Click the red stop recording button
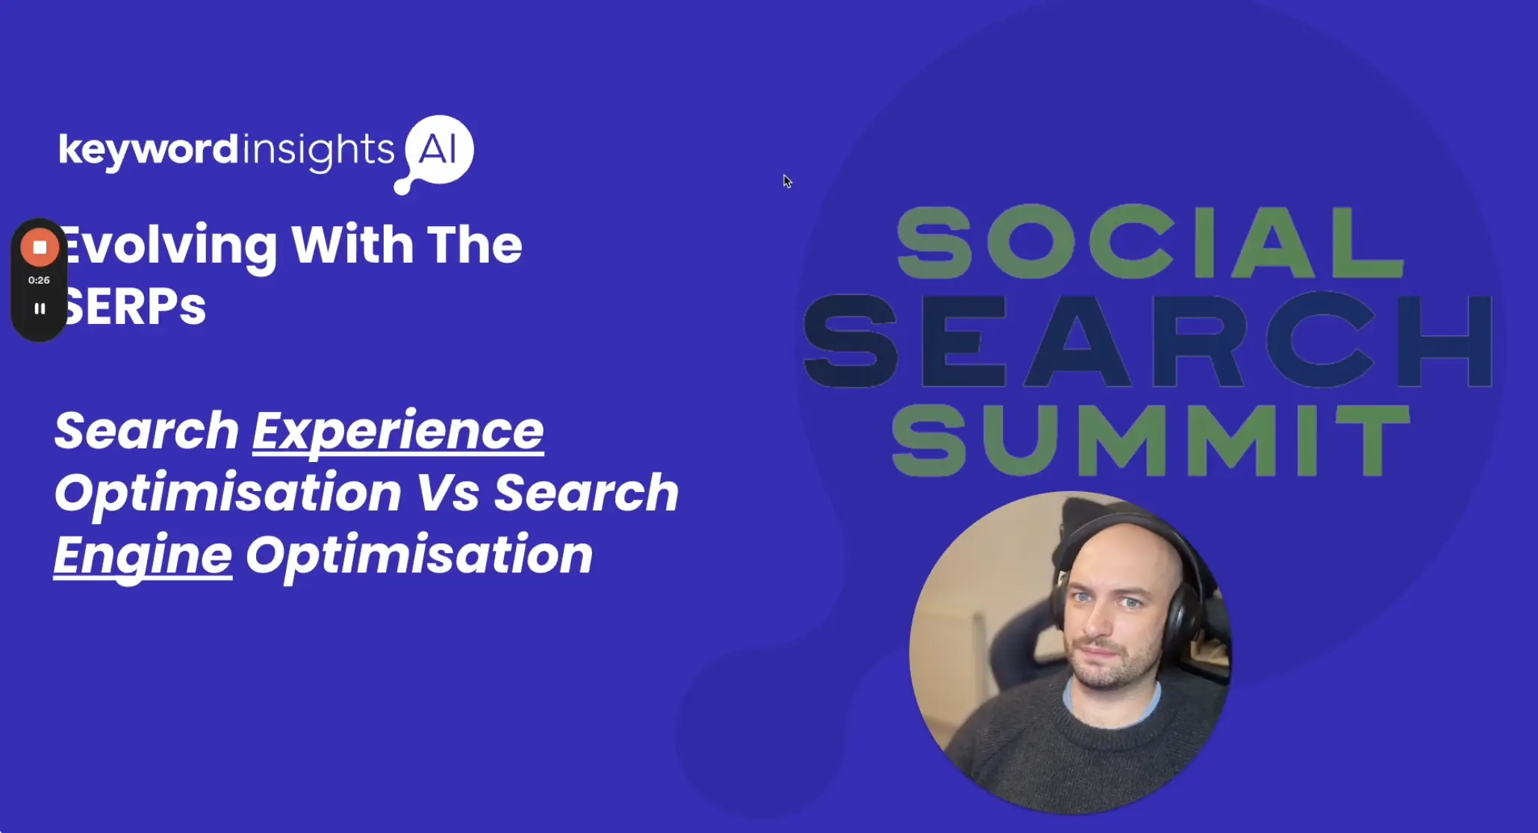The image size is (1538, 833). click(40, 247)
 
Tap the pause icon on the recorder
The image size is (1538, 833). click(40, 308)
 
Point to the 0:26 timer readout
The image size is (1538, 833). click(39, 280)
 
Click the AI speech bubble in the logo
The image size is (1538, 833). click(439, 150)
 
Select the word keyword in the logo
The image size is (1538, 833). click(148, 150)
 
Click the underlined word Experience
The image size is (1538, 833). click(397, 431)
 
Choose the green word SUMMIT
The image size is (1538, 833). click(1150, 440)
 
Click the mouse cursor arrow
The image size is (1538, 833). click(786, 181)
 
